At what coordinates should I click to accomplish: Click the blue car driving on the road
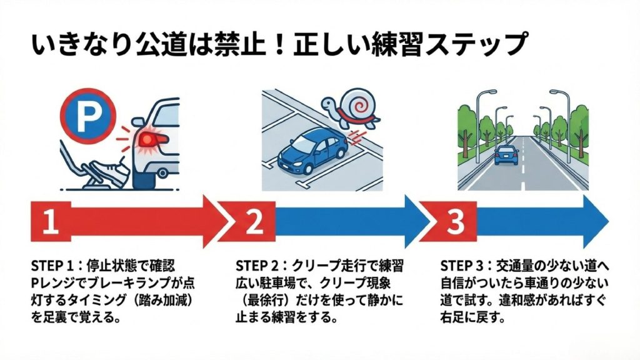point(506,152)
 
